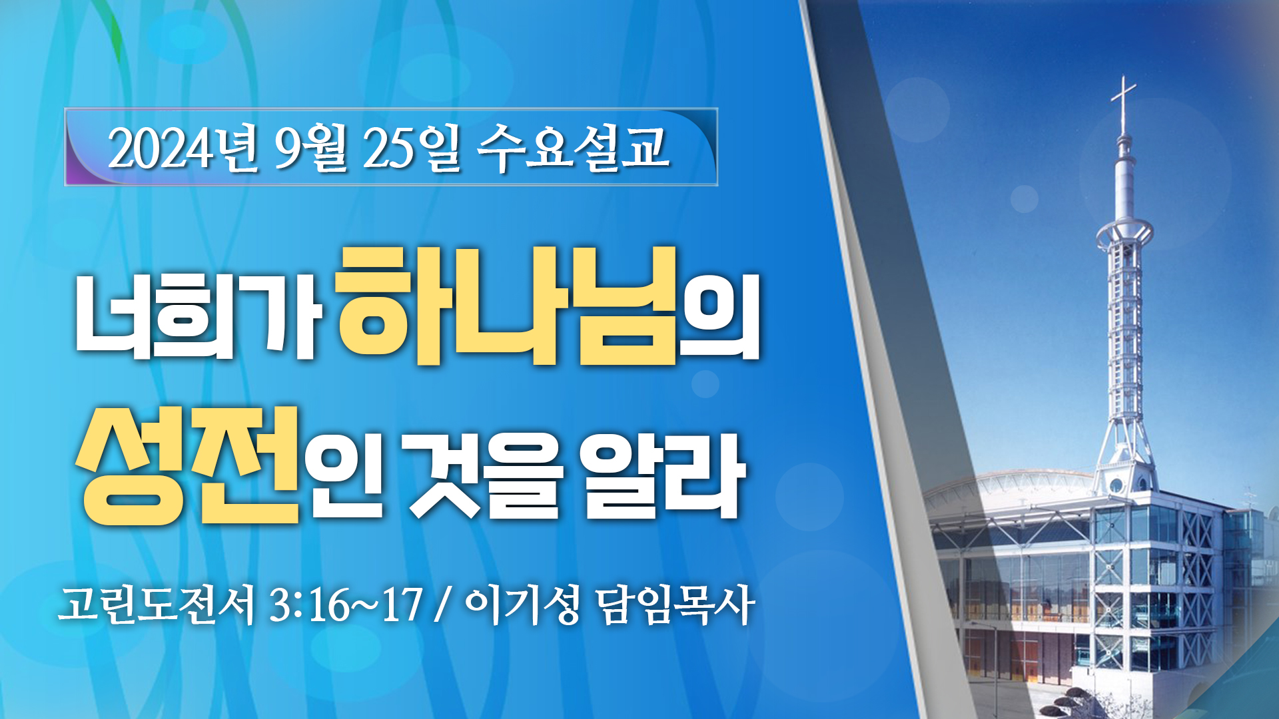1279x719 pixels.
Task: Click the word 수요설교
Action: (x=573, y=148)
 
